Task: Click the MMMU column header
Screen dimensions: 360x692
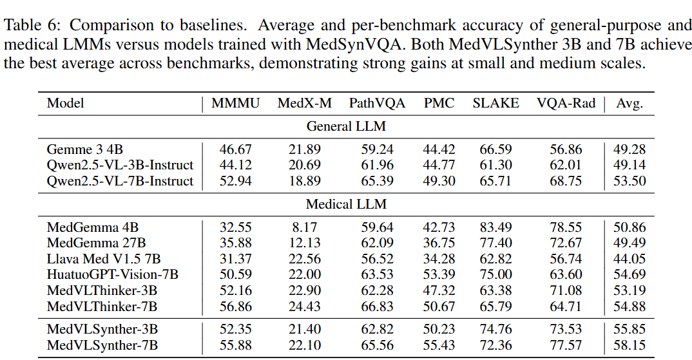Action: pyautogui.click(x=236, y=103)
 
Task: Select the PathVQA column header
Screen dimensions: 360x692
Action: pyautogui.click(x=378, y=103)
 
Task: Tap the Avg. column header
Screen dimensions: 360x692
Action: pyautogui.click(x=630, y=103)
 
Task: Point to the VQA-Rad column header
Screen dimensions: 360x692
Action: pyautogui.click(x=566, y=103)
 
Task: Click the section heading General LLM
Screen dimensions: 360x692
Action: pyautogui.click(x=346, y=126)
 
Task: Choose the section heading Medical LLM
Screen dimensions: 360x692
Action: pyautogui.click(x=346, y=205)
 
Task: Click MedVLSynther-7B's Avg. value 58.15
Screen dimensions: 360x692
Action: pyautogui.click(x=630, y=346)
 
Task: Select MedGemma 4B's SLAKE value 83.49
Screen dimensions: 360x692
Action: pyautogui.click(x=495, y=227)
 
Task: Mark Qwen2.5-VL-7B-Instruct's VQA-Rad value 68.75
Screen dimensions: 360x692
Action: pyautogui.click(x=566, y=181)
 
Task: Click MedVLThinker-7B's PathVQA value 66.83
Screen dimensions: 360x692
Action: pyautogui.click(x=378, y=306)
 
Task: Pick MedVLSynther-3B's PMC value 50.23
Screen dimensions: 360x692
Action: pyautogui.click(x=439, y=330)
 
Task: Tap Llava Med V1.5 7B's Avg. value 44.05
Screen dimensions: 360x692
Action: pyautogui.click(x=630, y=259)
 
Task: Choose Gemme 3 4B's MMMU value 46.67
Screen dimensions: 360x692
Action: pyautogui.click(x=236, y=150)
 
